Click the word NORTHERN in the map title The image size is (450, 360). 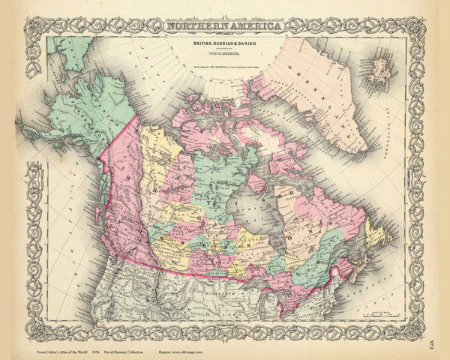click(x=194, y=28)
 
